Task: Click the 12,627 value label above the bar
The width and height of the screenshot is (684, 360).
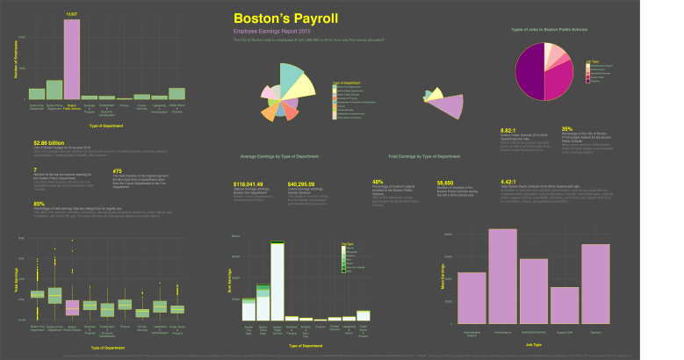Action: point(72,15)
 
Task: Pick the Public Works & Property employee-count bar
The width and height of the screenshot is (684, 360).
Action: point(177,93)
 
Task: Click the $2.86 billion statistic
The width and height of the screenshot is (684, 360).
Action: point(49,141)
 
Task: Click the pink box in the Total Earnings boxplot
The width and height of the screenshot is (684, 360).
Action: point(72,306)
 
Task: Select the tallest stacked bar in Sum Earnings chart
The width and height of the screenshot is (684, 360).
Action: point(277,282)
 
